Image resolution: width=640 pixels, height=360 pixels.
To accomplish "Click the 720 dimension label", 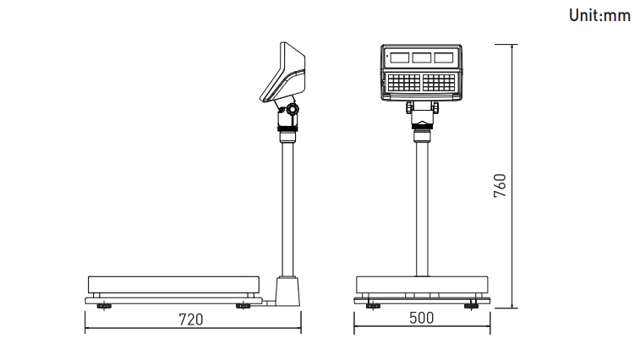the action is (x=191, y=319).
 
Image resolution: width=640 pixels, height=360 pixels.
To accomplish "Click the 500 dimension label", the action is (x=422, y=318).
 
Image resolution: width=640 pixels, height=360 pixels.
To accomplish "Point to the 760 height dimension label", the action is (x=500, y=186).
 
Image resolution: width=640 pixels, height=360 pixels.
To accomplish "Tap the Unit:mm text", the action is (x=599, y=15).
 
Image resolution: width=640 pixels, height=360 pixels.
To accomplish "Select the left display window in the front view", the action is (x=400, y=57).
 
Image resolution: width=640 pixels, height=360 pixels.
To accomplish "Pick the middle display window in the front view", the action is (x=422, y=57).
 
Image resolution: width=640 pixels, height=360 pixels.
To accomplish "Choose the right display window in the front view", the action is (x=444, y=57).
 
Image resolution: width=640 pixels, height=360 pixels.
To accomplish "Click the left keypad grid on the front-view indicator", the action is (x=403, y=83).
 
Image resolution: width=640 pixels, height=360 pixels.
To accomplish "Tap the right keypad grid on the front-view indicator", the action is (x=439, y=83).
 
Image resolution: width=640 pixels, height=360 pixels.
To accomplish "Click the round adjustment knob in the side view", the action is (x=293, y=109).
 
